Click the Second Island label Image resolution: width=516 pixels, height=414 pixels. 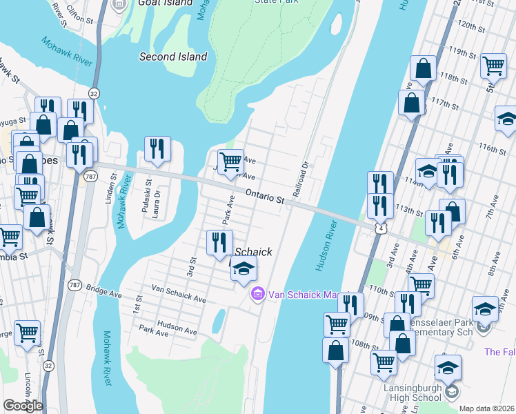coord(173,57)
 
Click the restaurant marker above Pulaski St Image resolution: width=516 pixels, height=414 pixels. coord(157,148)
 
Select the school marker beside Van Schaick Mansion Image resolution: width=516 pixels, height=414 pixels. coord(243,269)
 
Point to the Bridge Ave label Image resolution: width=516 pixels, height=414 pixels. coord(103,292)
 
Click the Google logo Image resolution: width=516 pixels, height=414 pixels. coord(23,406)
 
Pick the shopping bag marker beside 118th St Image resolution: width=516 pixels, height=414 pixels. coord(423,69)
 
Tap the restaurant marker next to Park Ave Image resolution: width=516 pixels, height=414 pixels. coord(220,242)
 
